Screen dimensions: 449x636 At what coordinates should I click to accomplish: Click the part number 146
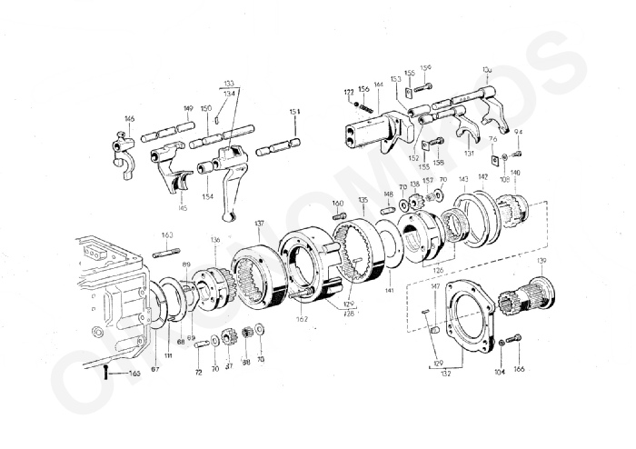[x=130, y=119]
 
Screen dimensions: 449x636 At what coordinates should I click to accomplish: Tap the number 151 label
[x=294, y=112]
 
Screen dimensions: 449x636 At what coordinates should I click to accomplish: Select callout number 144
[x=378, y=85]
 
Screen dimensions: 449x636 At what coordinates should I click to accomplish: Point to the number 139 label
[x=542, y=261]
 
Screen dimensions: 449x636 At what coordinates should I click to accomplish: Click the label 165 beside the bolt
[x=134, y=373]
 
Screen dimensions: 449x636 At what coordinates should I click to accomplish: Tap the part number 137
[x=259, y=223]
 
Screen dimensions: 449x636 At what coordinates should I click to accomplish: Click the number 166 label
[x=520, y=369]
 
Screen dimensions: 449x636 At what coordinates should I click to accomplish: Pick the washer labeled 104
[x=502, y=344]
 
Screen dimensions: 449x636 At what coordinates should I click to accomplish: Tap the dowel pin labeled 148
[x=387, y=210]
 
